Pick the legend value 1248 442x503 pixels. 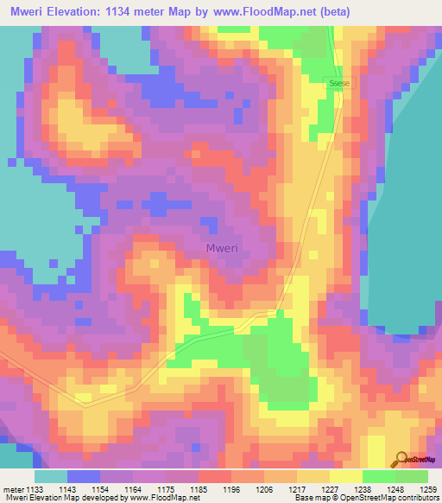395,490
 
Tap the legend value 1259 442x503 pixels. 428,490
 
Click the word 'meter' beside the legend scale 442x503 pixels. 14,490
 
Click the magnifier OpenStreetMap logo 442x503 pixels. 401,459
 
